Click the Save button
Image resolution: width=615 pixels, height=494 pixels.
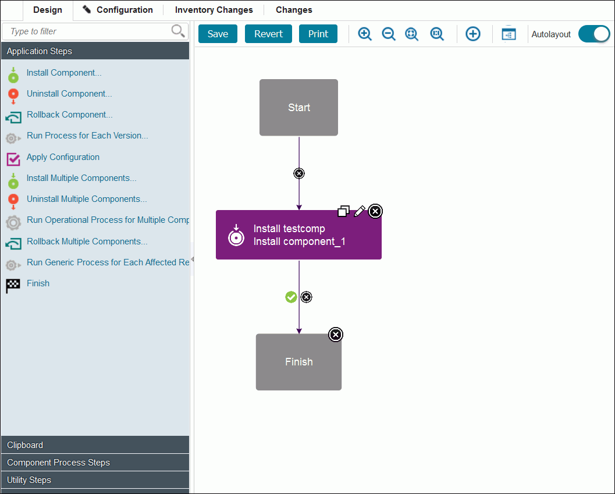pos(218,34)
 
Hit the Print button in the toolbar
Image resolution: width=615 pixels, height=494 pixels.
pos(318,34)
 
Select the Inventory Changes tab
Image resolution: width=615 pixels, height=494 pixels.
pos(214,10)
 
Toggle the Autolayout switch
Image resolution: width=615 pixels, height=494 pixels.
pos(593,34)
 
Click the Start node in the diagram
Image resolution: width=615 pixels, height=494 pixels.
pos(298,108)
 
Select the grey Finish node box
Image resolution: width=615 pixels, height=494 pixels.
pos(298,362)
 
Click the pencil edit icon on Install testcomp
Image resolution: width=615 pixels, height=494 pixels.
pos(360,211)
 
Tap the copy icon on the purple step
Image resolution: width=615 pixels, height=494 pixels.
pos(344,211)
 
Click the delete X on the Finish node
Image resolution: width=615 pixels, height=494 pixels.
pos(336,335)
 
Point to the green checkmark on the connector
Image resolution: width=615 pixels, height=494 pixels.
pos(291,297)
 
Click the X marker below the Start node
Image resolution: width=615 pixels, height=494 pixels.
pos(299,173)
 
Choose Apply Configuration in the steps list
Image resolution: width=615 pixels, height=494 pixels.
pos(63,157)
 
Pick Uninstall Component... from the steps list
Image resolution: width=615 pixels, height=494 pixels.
pos(69,94)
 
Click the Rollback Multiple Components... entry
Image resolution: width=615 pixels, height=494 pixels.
pos(87,241)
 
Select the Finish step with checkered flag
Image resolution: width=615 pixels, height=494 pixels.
pos(38,283)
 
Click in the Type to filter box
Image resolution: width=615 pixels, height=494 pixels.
pos(87,31)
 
